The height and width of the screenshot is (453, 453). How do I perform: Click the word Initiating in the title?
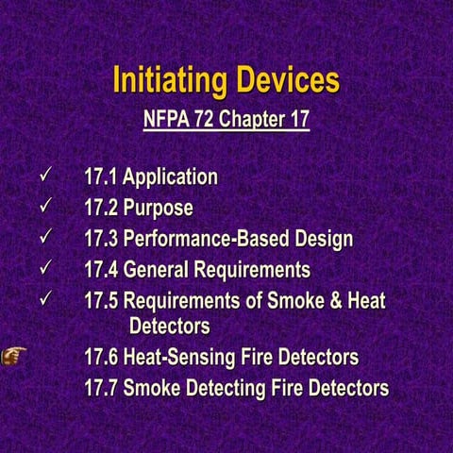click(x=167, y=80)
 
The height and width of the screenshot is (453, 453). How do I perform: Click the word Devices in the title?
click(x=281, y=80)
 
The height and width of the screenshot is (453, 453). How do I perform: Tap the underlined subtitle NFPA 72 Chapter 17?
click(x=226, y=121)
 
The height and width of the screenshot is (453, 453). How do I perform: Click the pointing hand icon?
click(x=14, y=356)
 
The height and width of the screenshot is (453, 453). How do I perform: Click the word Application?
click(x=171, y=176)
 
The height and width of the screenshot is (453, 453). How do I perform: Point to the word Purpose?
click(x=159, y=208)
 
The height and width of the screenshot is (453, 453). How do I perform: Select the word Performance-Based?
click(x=202, y=239)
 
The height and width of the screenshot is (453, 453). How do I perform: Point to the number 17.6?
click(x=101, y=358)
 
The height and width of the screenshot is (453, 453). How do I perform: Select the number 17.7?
click(x=101, y=388)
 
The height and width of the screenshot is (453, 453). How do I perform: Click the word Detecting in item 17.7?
click(x=225, y=388)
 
